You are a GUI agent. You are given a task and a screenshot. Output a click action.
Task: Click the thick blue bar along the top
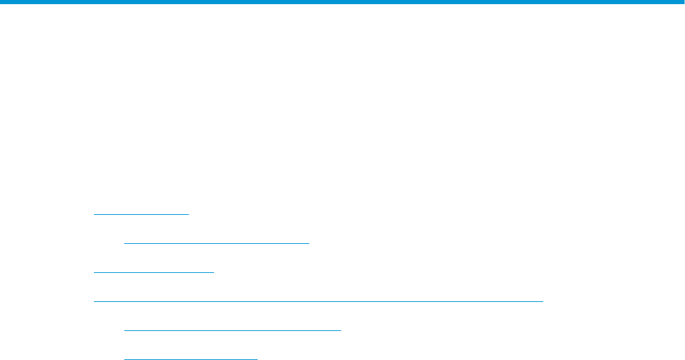[342, 3]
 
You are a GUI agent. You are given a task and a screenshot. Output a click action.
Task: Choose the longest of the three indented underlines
[233, 330]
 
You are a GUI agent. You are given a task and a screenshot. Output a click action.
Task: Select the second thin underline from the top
[217, 243]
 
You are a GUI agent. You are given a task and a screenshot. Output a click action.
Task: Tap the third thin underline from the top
[154, 272]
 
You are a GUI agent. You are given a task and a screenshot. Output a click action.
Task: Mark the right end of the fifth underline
[341, 330]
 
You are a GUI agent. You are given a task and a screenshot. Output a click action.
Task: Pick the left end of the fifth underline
[124, 330]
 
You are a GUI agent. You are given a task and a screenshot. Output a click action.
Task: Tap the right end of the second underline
[309, 243]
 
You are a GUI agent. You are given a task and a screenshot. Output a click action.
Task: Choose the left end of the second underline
[124, 243]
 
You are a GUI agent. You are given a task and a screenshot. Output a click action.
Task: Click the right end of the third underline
[215, 272]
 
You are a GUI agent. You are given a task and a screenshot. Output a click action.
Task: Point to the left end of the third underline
[94, 272]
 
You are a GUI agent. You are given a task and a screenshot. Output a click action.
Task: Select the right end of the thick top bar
[683, 3]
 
